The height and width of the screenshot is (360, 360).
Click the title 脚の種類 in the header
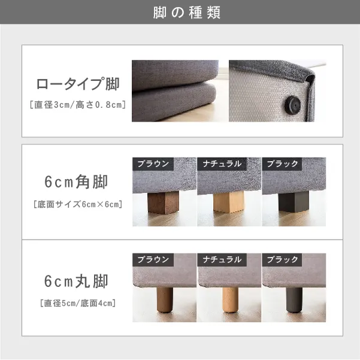point(180,13)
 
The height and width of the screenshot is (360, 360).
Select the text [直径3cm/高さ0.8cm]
point(78,105)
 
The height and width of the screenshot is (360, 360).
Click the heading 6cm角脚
point(78,181)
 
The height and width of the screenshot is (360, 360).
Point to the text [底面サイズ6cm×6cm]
point(78,204)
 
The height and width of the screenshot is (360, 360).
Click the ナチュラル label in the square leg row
point(222,164)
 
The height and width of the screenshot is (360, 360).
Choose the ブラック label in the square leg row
point(283,164)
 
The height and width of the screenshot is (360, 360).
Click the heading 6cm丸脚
point(78,280)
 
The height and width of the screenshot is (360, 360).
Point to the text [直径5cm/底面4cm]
point(78,303)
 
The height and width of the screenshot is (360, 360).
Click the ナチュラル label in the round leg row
point(222,260)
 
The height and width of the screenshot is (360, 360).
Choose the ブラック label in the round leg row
point(283,260)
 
